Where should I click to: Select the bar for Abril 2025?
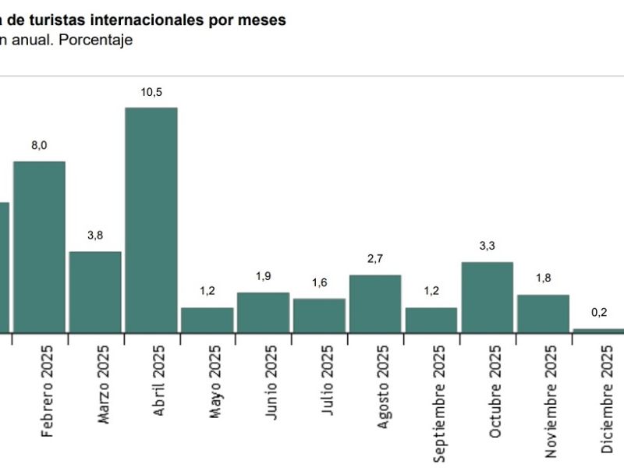coord(151,220)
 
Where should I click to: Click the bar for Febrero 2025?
coord(40,247)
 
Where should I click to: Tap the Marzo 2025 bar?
coord(95,292)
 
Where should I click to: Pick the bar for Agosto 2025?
coord(375,303)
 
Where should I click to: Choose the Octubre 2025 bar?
coord(487,297)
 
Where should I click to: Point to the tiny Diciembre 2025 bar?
coord(598,331)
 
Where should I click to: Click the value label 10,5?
coord(151,92)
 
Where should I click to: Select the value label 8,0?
coord(39,146)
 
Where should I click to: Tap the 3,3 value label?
coord(487,246)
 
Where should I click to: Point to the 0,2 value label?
coord(599,313)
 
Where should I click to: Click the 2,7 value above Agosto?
coord(375,259)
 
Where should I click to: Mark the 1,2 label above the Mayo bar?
coord(207,291)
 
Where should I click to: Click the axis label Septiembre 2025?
coord(438,404)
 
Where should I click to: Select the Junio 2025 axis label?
coord(271,382)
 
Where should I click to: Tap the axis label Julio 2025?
coord(327,381)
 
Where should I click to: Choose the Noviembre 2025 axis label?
coord(551,402)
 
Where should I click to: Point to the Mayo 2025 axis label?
coord(215,382)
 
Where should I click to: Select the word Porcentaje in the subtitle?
coord(95,41)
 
